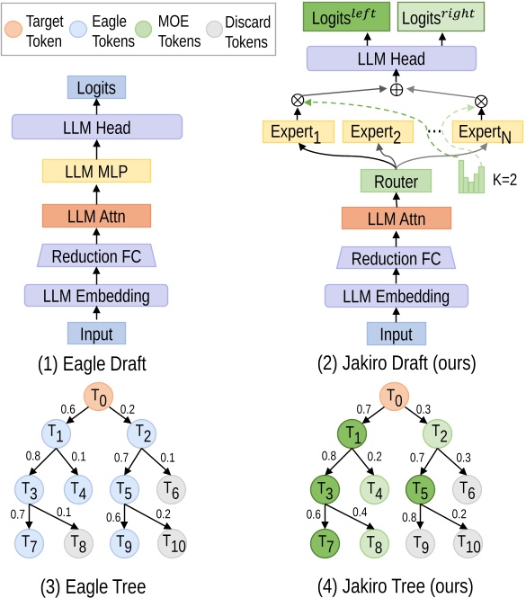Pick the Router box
click(396, 181)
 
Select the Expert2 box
click(379, 133)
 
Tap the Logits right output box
click(441, 17)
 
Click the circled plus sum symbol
click(396, 90)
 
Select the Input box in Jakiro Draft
click(396, 334)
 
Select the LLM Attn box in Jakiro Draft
click(396, 219)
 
